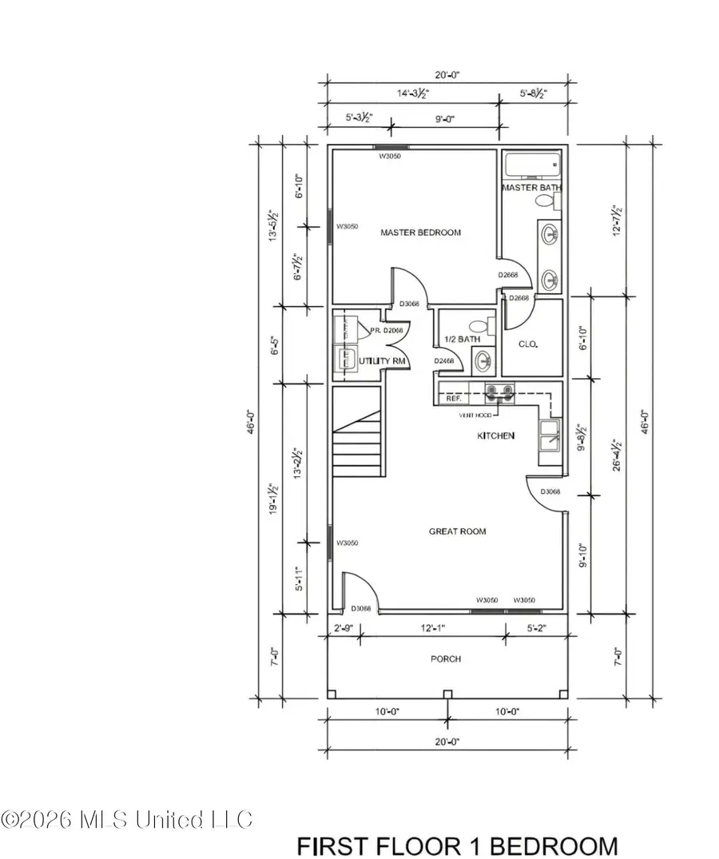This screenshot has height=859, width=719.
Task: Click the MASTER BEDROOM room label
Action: click(x=420, y=233)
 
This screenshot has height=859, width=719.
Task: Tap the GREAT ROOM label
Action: click(x=457, y=531)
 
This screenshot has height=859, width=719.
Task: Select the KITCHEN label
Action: click(x=495, y=435)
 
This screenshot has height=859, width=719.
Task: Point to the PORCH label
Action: click(x=445, y=659)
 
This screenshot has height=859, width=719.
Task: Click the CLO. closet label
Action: click(x=528, y=344)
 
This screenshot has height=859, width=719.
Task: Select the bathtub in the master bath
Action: click(x=533, y=167)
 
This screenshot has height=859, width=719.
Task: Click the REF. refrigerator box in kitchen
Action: click(x=454, y=397)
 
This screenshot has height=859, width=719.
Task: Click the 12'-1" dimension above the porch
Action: click(x=432, y=629)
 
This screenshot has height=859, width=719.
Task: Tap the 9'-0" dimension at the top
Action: click(x=444, y=121)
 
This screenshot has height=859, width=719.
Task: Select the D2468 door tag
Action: click(x=444, y=361)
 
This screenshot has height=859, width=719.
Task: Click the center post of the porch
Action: click(x=447, y=693)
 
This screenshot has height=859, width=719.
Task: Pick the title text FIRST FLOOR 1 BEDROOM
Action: click(x=457, y=845)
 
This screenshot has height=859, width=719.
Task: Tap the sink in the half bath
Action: click(x=483, y=362)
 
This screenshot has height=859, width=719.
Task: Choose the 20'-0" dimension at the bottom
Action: click(x=447, y=742)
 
